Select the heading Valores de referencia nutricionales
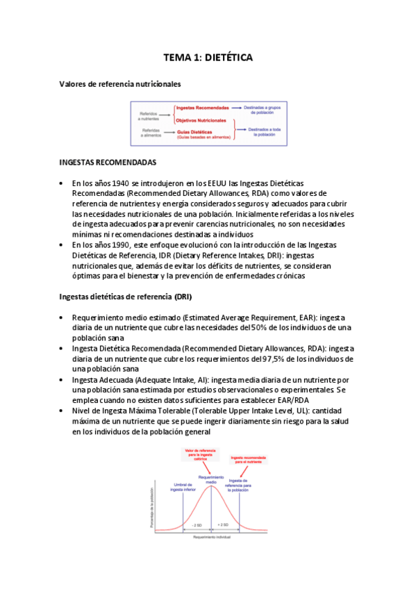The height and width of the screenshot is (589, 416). tap(120, 84)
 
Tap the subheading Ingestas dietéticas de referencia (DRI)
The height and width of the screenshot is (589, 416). tap(125, 297)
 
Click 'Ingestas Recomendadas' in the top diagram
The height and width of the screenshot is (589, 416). tap(202, 108)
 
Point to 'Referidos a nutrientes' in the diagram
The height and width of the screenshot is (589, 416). tap(149, 115)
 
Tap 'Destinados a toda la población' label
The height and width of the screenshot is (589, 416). tap(265, 132)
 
